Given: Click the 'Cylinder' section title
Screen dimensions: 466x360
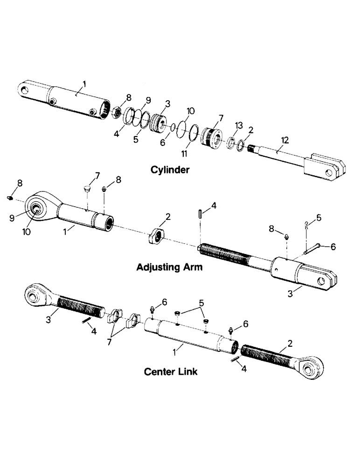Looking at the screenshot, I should pos(170,170).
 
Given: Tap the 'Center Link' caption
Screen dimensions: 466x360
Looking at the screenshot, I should pos(170,371).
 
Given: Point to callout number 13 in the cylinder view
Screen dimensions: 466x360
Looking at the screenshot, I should pos(239,126).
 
